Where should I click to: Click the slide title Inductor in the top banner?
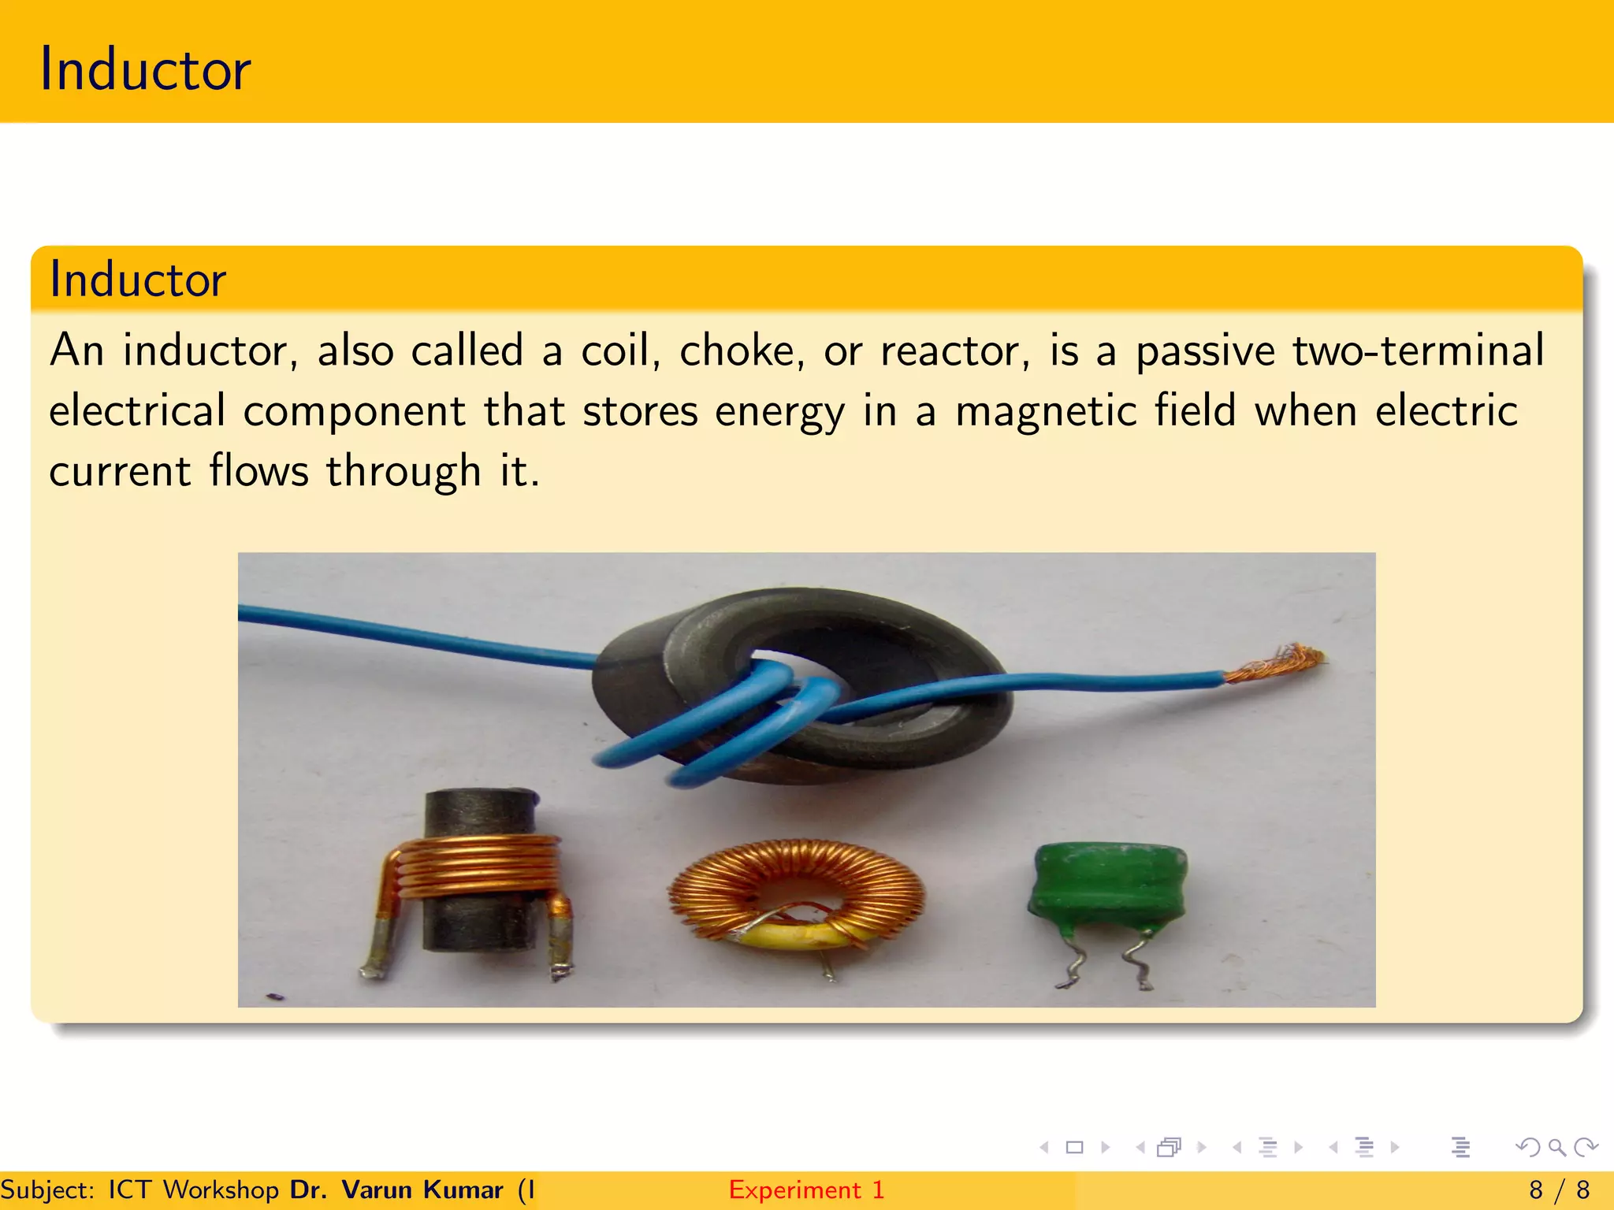coord(145,69)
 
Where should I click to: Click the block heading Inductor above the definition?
coord(138,279)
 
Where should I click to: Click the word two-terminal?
coord(1418,351)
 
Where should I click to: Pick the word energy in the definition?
coord(779,412)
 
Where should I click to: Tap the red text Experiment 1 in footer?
coord(806,1190)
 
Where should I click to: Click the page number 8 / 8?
coord(1559,1190)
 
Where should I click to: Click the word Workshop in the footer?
coord(221,1190)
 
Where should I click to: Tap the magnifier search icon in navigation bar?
coord(1556,1147)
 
